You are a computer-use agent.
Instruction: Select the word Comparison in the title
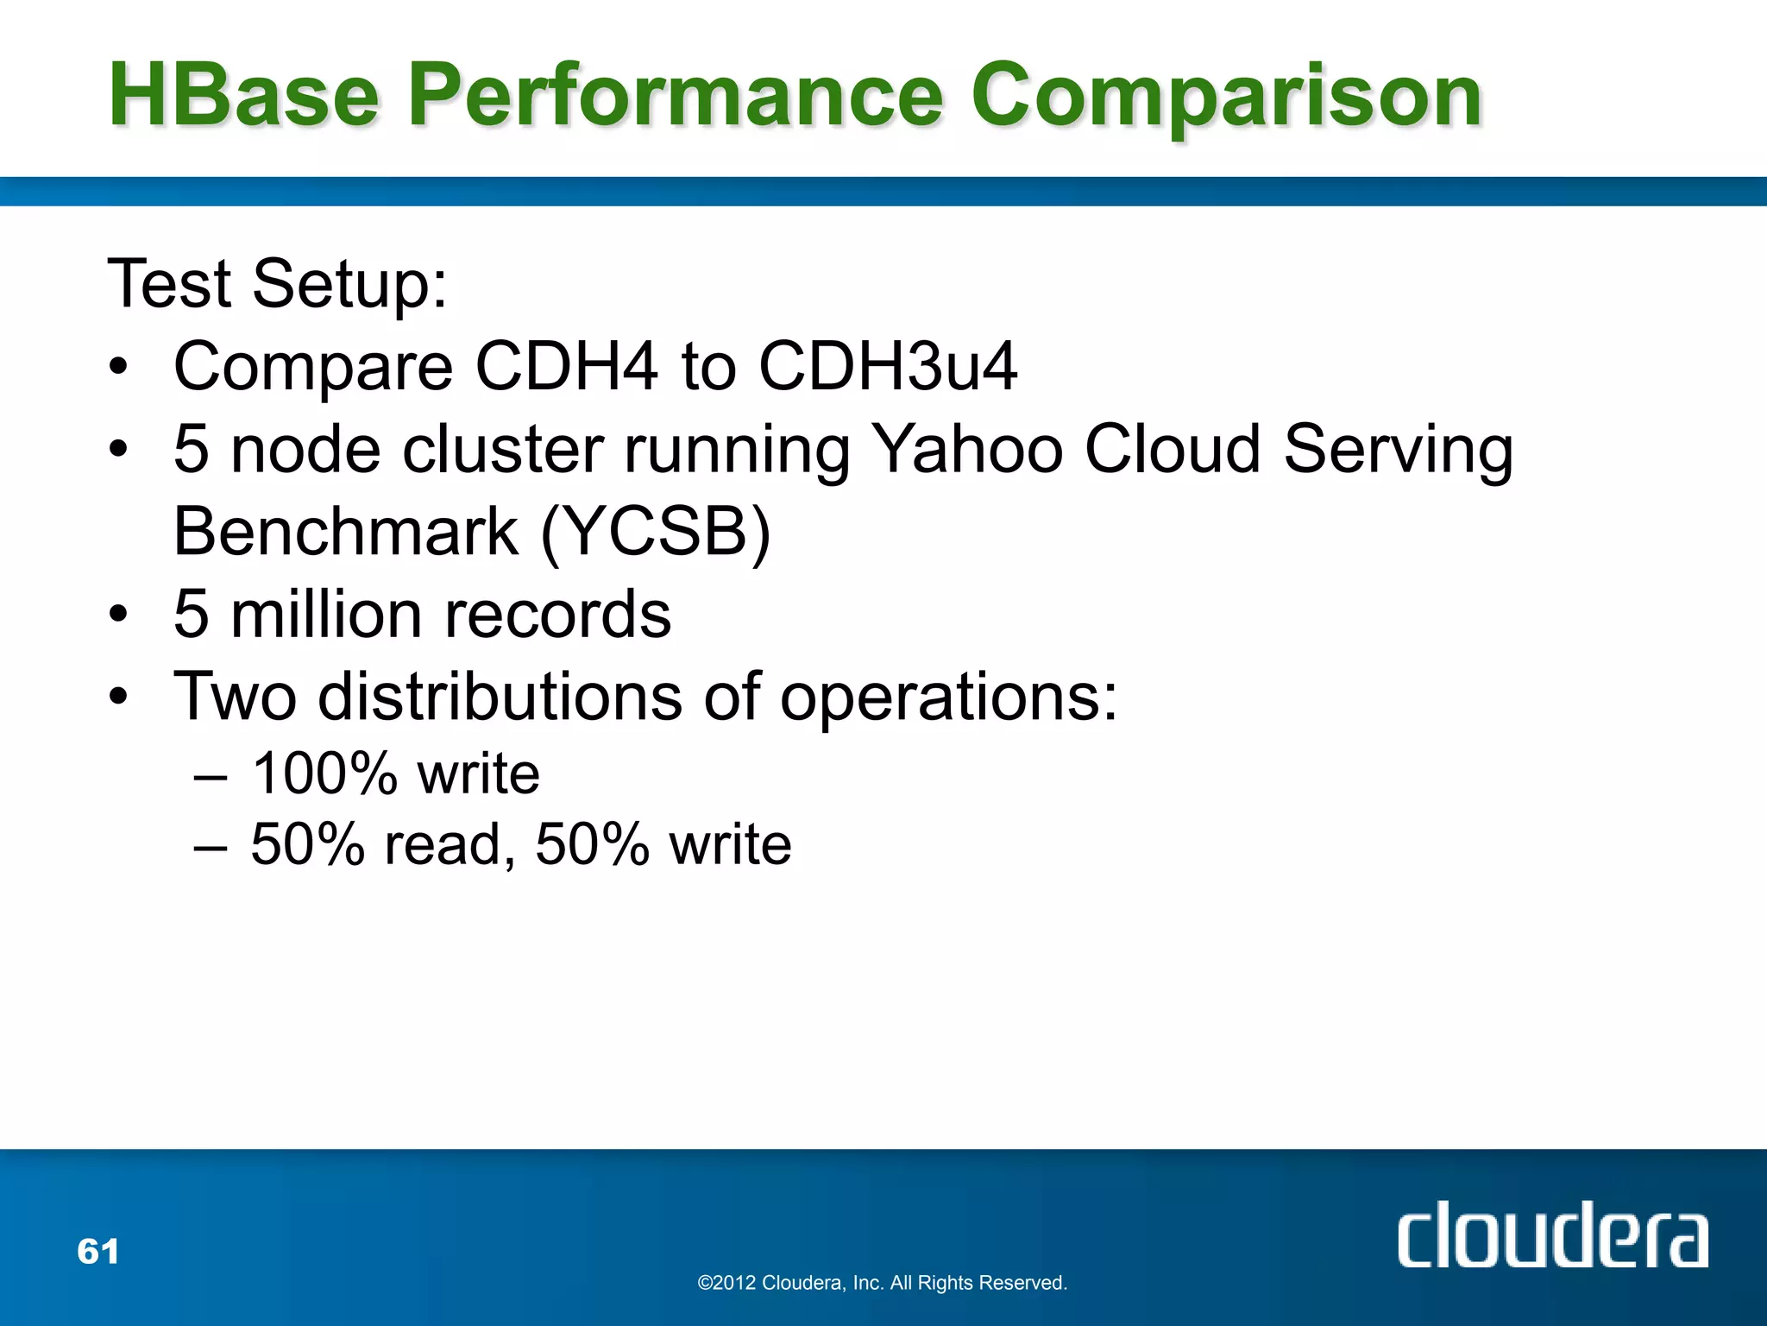1226,97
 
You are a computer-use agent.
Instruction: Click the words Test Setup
277,284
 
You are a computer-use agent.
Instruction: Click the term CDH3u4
888,366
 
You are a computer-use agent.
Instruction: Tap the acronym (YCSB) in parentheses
656,532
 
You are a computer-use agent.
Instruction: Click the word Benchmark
346,532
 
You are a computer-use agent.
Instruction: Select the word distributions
500,696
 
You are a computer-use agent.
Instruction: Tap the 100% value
324,773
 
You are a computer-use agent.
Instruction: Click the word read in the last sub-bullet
449,843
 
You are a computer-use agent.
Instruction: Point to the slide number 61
98,1251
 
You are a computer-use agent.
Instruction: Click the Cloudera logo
1552,1236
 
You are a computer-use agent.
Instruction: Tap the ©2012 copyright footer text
882,1283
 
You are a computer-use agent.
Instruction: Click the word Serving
1398,451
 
